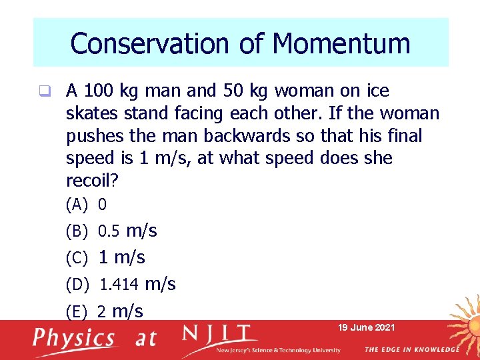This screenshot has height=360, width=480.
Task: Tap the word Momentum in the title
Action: coord(341,44)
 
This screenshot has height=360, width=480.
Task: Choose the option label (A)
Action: coord(77,205)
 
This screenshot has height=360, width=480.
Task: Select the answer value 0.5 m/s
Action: coord(127,231)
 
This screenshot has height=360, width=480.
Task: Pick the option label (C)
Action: coord(77,258)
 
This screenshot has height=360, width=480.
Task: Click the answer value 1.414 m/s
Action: coord(137,285)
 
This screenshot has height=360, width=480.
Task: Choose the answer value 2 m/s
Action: coord(120,311)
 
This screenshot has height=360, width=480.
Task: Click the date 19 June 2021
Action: coord(366,327)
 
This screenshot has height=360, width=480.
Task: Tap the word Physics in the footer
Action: coord(74,337)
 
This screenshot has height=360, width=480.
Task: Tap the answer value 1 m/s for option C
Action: coord(121,257)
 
